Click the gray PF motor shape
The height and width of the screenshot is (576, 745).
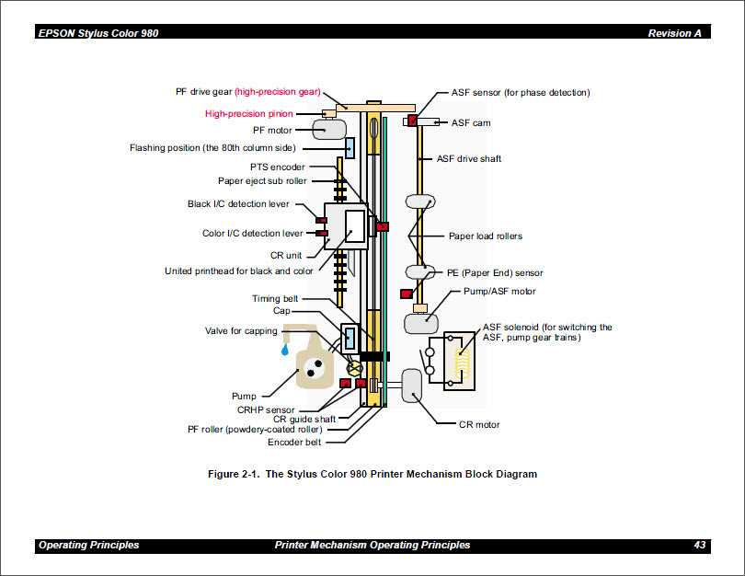tap(327, 127)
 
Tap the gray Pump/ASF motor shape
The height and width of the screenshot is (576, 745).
tap(420, 323)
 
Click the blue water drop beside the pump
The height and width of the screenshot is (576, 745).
tap(287, 351)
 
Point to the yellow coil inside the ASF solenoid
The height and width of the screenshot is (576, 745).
tap(462, 359)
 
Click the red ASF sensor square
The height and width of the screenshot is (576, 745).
tap(413, 120)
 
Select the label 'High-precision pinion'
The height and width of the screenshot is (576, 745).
tap(248, 114)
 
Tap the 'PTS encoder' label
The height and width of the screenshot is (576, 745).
tap(277, 167)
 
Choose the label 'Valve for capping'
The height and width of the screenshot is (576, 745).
tap(241, 331)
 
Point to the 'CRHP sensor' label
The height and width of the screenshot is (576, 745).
tap(266, 409)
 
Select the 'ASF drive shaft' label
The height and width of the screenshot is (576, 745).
tap(468, 159)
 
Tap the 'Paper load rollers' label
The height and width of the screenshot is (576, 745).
tap(485, 236)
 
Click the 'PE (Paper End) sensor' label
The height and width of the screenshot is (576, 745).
tap(495, 273)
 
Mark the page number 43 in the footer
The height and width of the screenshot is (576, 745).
tap(699, 546)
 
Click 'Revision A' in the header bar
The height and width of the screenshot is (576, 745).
tap(674, 33)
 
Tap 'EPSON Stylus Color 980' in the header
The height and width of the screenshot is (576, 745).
tap(97, 33)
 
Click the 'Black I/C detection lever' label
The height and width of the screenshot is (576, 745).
tap(239, 204)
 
